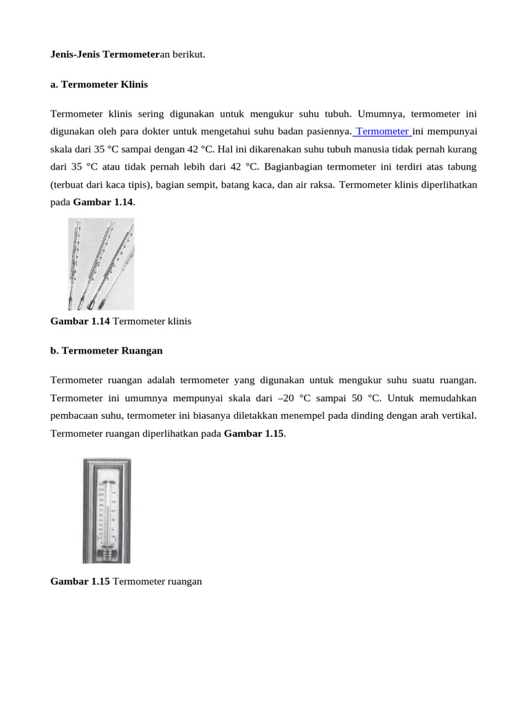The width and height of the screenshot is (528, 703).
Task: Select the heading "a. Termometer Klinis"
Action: pos(99,84)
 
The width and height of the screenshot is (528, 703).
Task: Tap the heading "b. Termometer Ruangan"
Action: pos(107,350)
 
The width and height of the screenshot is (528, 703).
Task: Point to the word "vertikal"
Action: pos(456,416)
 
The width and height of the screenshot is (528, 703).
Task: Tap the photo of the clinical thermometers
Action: pos(101,264)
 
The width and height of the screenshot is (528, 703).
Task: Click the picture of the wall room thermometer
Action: pos(107,510)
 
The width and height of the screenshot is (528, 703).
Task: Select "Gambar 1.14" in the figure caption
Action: pos(80,321)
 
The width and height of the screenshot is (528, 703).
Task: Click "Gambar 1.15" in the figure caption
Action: pos(80,581)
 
